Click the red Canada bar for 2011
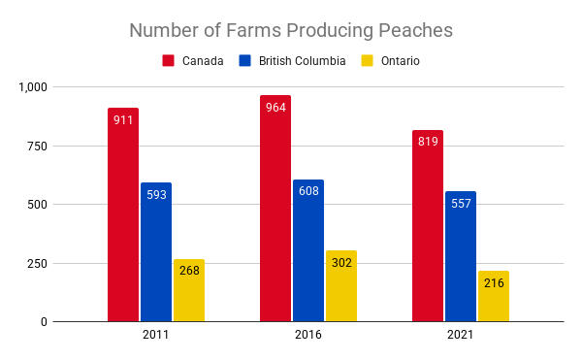pos(123,223)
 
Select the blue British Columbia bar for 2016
pos(308,257)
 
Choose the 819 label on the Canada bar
pos(428,141)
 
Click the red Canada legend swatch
pos(169,60)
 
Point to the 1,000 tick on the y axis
pos(33,87)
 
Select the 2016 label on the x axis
pos(308,335)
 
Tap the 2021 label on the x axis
pos(460,335)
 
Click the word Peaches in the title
pos(412,30)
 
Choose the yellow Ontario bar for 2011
pos(189,291)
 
